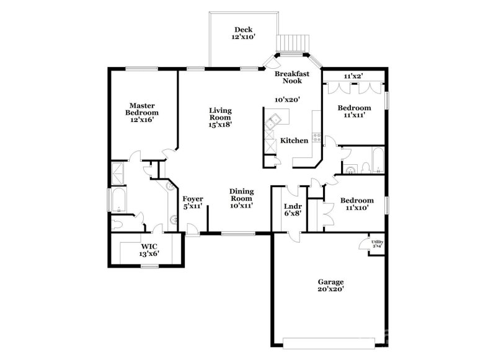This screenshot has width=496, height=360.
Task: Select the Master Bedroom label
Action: tap(142, 113)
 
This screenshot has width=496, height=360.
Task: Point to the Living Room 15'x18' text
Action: tap(219, 117)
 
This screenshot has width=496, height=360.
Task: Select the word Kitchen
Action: tap(294, 141)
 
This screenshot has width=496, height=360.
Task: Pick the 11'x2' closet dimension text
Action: tap(353, 76)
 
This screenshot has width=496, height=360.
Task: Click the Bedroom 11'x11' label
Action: tap(354, 112)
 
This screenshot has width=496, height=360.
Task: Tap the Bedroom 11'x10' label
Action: tap(357, 204)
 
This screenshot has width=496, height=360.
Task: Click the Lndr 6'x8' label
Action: tap(292, 209)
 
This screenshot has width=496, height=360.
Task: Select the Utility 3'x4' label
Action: tap(377, 244)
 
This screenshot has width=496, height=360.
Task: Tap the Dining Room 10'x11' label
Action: tap(241, 198)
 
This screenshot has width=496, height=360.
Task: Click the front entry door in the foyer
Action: tap(194, 230)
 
